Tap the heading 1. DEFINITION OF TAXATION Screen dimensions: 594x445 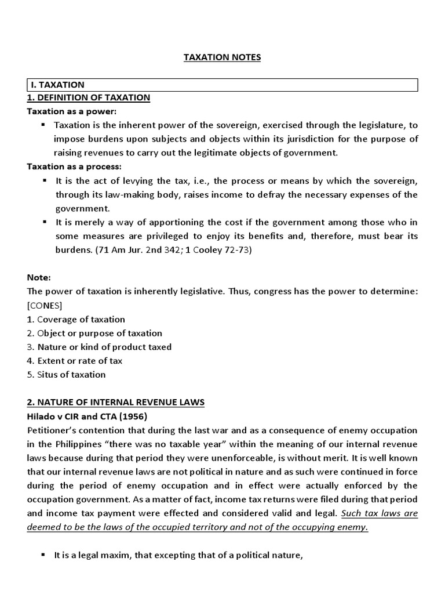[88, 97]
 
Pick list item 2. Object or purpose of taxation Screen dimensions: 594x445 [94, 334]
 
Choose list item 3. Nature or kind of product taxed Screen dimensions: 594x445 [99, 347]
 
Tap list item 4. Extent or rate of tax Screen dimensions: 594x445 [75, 361]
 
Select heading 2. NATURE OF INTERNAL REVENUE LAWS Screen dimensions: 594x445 [115, 403]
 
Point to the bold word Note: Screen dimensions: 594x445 [39, 278]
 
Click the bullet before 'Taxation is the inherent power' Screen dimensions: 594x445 [43, 125]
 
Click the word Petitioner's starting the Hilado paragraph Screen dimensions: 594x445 [52, 430]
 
